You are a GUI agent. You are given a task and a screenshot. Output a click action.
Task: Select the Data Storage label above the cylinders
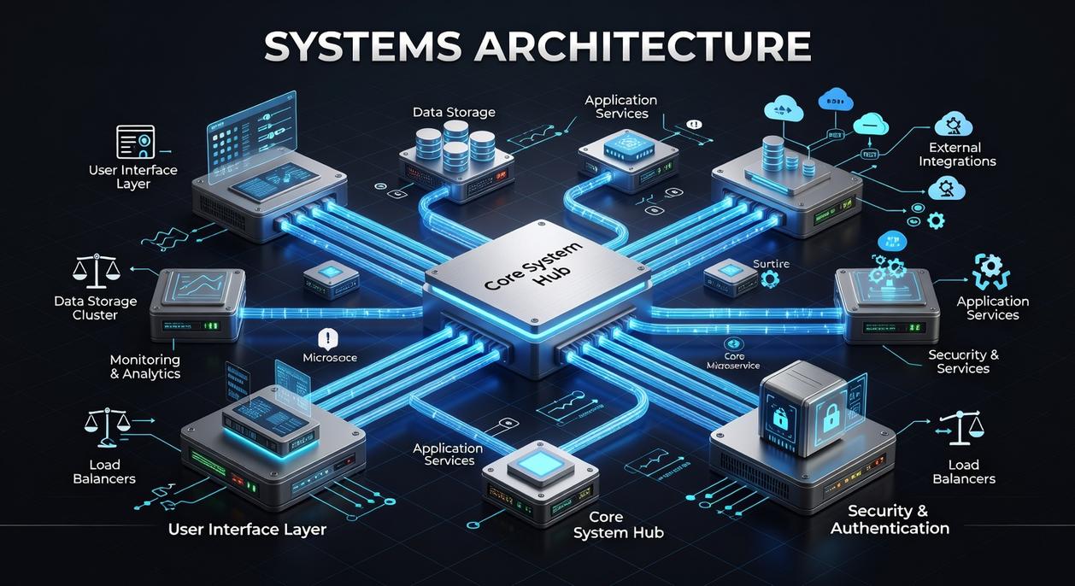tap(453, 113)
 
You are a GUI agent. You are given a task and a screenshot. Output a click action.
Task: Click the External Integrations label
tap(956, 155)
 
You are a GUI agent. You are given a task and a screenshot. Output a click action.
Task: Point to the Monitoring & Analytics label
tap(144, 366)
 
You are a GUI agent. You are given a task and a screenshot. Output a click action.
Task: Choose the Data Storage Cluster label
tap(95, 308)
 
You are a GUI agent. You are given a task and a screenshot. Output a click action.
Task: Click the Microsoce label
tap(330, 358)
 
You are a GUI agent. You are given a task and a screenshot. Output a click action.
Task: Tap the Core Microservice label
tap(734, 360)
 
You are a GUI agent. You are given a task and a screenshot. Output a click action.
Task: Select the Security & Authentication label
tap(889, 519)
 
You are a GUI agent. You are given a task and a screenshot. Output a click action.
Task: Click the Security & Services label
tap(963, 361)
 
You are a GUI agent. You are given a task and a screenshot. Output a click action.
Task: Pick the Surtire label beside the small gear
tap(771, 264)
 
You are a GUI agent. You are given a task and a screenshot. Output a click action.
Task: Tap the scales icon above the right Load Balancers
tap(960, 428)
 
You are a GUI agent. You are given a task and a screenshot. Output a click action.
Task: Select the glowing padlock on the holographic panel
tap(830, 416)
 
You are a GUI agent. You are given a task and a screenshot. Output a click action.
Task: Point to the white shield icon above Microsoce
tap(328, 337)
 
